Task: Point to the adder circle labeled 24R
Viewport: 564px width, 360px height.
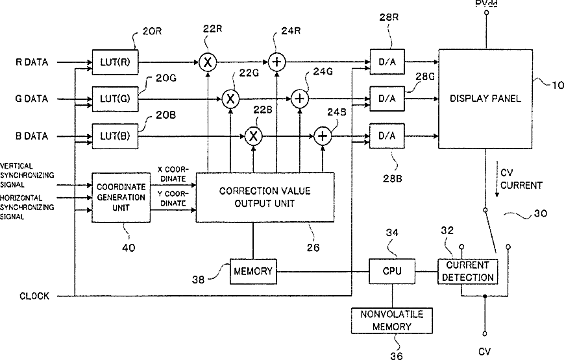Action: (277, 62)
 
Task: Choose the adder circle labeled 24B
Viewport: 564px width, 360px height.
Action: (323, 136)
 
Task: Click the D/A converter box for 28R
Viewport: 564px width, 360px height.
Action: (386, 62)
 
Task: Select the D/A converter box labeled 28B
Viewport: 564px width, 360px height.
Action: (386, 136)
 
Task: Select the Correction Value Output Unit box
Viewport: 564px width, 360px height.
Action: (264, 197)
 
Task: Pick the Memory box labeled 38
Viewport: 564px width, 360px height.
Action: (253, 270)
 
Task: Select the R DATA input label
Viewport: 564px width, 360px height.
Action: (32, 62)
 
